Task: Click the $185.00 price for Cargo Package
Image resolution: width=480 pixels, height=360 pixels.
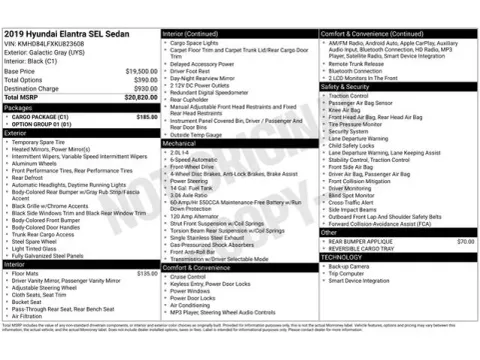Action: click(x=146, y=116)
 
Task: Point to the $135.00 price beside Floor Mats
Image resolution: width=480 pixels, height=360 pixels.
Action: click(x=146, y=272)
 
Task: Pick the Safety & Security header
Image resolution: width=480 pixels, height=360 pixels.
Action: click(x=345, y=87)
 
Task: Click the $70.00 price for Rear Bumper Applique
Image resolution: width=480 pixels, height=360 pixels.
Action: click(x=465, y=241)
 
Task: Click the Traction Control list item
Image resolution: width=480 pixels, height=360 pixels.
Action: click(x=349, y=96)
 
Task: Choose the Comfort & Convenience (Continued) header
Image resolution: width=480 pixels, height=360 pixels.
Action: click(x=373, y=33)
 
